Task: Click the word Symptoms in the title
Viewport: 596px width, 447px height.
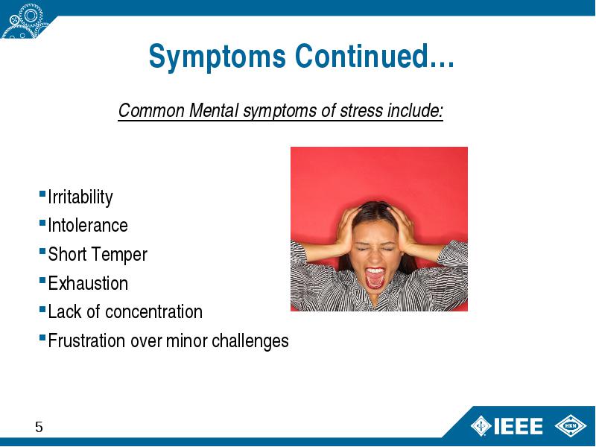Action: [x=217, y=57]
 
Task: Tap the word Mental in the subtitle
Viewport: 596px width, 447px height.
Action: [x=214, y=110]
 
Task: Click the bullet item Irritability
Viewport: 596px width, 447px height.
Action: [x=80, y=197]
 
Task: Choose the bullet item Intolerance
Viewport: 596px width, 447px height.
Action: [x=88, y=226]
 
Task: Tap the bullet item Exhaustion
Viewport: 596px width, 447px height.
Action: [x=88, y=283]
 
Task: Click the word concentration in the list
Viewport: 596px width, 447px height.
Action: [x=153, y=311]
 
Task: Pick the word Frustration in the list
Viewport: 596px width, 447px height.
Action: [x=86, y=340]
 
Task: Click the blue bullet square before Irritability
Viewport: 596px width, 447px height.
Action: [x=42, y=194]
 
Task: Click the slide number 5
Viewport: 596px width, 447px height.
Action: [x=39, y=427]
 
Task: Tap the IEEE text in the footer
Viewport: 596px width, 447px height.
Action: [x=518, y=426]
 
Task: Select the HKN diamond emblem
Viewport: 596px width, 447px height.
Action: [x=571, y=425]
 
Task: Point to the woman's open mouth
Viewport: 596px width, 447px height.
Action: [x=375, y=278]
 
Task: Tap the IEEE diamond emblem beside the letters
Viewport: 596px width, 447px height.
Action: [x=481, y=425]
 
